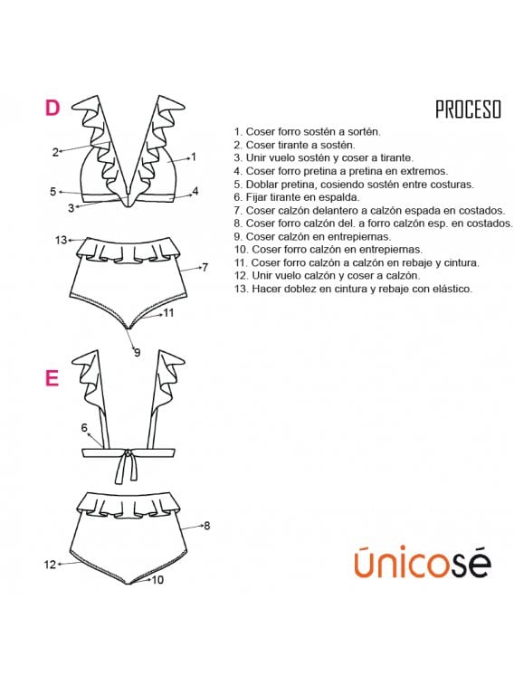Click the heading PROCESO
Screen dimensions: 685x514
point(467,109)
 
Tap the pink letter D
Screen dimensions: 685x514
point(52,108)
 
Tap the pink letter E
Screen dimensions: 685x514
point(52,378)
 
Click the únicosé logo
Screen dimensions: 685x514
point(422,562)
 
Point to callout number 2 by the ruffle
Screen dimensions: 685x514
point(55,152)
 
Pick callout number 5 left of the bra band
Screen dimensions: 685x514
point(53,192)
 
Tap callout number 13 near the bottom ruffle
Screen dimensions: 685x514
point(61,240)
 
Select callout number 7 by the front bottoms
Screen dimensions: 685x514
point(205,267)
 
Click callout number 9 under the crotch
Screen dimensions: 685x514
point(137,352)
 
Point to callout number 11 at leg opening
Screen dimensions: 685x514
point(168,313)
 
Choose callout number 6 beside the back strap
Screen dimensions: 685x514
point(84,428)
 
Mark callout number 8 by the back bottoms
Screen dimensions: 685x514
point(206,525)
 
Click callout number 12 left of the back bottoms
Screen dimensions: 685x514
point(50,564)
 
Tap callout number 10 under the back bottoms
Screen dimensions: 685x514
point(157,579)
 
